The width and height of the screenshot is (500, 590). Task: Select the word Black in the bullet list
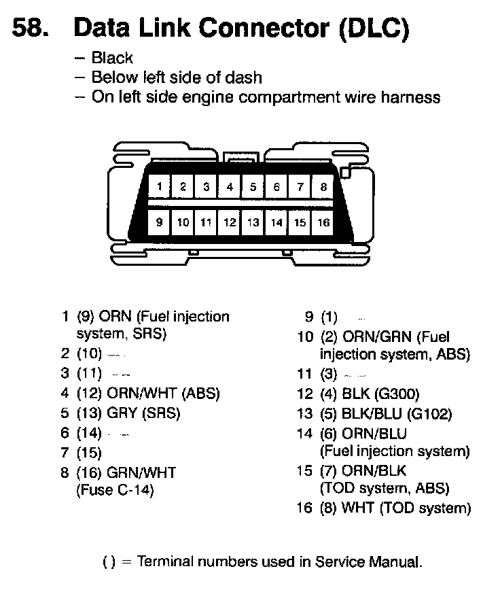[x=112, y=58]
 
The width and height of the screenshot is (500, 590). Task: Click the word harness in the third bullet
[x=409, y=97]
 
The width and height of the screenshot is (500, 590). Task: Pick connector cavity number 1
[x=159, y=186]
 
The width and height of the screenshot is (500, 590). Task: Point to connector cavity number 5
[x=253, y=186]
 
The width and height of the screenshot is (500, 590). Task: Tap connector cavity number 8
[x=323, y=186]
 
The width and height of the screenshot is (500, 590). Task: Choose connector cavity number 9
[x=159, y=222]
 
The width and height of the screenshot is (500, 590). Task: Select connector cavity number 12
[x=230, y=222]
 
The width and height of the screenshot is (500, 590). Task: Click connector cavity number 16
[x=323, y=222]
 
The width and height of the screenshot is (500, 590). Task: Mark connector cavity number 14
[x=276, y=222]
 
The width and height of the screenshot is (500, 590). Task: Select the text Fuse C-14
[x=115, y=490]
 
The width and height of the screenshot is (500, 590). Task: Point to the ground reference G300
[x=396, y=394]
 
